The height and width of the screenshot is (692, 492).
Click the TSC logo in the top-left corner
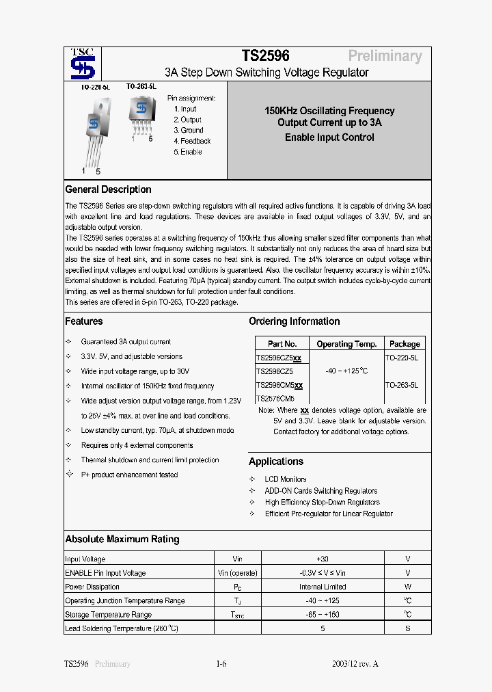(83, 65)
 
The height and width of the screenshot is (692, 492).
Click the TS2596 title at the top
(265, 56)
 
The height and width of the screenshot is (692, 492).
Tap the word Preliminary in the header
(385, 56)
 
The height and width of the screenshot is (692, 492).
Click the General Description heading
(108, 189)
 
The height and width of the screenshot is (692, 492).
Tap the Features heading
(84, 321)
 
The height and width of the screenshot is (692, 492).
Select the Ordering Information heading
(294, 321)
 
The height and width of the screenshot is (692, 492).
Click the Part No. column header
(282, 344)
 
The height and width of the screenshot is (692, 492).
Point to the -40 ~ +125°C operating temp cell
(346, 371)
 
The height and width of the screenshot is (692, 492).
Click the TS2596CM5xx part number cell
(279, 385)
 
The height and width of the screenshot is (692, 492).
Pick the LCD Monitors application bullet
(286, 479)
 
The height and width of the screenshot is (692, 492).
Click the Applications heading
(276, 462)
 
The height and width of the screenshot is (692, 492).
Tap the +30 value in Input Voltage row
(323, 559)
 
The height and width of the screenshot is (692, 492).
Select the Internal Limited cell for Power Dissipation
(323, 587)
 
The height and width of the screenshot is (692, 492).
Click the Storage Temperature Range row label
(108, 615)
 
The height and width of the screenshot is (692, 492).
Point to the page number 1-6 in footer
(221, 664)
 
